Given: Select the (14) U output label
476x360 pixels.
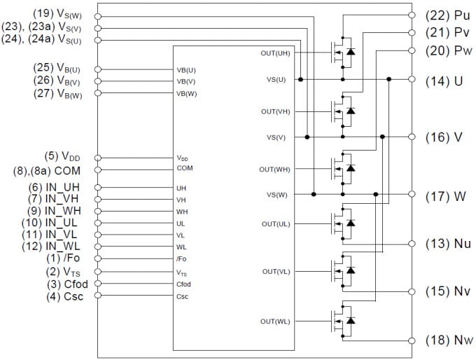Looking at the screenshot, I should click(x=444, y=80).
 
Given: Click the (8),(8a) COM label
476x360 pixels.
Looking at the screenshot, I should click(x=54, y=169).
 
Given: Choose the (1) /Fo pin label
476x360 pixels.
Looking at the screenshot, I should click(x=66, y=258).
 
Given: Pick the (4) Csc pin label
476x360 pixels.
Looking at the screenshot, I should click(x=65, y=296).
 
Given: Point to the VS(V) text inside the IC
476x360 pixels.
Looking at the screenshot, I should click(x=276, y=137).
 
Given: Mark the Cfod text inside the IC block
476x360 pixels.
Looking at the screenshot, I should click(x=184, y=284).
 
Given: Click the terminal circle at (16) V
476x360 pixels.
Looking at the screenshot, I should click(x=412, y=137).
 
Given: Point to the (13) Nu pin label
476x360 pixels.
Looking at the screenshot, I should click(x=448, y=244).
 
